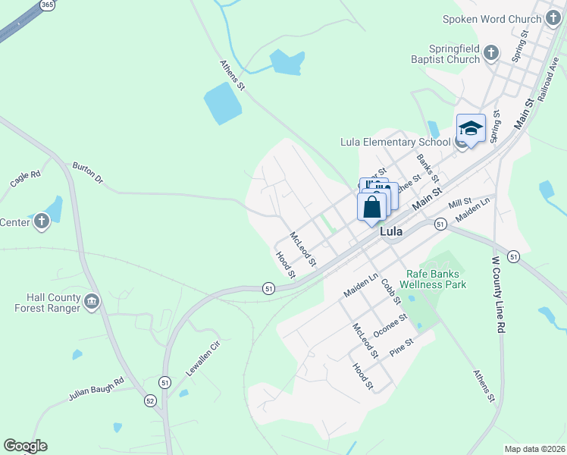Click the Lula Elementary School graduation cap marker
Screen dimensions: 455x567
click(471, 128)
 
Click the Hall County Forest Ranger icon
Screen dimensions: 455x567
click(92, 302)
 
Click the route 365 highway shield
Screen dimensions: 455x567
click(47, 5)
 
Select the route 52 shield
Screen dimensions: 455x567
click(150, 400)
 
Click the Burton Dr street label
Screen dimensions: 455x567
click(87, 173)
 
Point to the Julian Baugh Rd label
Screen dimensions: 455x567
click(96, 389)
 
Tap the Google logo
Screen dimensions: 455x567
click(25, 446)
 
